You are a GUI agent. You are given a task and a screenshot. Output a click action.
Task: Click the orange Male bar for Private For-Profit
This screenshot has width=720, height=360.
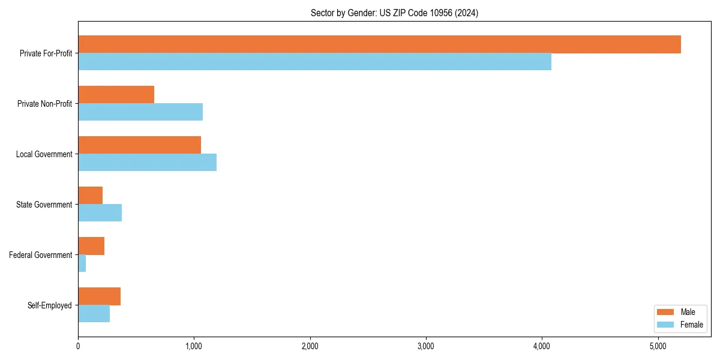379,44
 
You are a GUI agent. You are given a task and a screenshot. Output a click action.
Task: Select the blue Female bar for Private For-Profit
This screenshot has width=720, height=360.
314,62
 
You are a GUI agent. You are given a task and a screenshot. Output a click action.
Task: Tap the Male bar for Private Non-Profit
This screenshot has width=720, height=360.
116,95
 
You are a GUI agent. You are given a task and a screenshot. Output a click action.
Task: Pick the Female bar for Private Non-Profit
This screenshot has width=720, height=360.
140,112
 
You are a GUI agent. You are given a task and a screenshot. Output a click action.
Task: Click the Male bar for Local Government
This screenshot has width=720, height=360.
139,145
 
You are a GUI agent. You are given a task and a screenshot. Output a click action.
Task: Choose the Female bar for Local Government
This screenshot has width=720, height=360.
147,163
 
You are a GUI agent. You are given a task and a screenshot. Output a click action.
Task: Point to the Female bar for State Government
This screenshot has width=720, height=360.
100,213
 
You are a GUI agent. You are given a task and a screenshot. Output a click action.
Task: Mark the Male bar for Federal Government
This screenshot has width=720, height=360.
91,246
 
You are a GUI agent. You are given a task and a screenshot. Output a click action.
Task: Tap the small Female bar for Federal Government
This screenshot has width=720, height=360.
82,263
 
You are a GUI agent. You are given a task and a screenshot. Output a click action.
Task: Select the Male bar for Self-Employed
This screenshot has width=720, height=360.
99,296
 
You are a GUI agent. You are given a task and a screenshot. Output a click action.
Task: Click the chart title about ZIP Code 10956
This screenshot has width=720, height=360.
394,13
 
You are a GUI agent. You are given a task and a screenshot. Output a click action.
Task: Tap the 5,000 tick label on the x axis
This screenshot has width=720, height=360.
658,346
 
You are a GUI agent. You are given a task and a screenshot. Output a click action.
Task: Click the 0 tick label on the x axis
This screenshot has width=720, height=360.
78,346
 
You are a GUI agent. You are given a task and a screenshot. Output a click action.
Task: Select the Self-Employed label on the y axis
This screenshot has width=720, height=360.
50,305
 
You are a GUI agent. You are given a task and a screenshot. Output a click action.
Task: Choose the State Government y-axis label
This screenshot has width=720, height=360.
44,205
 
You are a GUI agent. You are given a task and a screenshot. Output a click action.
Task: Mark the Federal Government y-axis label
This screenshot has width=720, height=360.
41,255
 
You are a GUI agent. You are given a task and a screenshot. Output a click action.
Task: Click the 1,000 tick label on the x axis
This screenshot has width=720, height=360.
194,346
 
